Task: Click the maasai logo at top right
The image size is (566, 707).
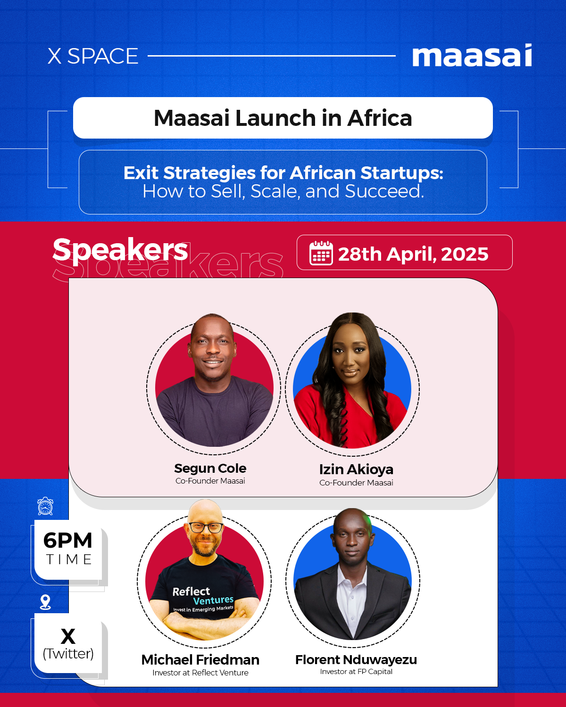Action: click(x=472, y=56)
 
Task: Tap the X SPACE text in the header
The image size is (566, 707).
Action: click(x=93, y=56)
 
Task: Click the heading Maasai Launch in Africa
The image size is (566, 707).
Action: click(x=283, y=118)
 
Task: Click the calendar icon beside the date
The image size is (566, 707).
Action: click(x=321, y=254)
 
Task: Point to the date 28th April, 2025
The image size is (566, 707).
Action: click(x=413, y=254)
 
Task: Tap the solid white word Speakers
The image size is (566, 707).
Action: click(x=120, y=249)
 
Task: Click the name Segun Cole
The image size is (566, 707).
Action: click(x=210, y=468)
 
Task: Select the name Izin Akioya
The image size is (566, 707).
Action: click(x=356, y=469)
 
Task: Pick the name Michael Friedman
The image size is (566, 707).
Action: click(x=200, y=659)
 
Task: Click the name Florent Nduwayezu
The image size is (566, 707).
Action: click(x=356, y=659)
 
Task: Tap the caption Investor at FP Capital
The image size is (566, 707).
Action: click(x=356, y=672)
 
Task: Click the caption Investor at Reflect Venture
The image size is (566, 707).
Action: click(x=200, y=673)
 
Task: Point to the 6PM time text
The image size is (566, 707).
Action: click(x=68, y=541)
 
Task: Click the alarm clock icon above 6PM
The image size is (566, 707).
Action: click(x=45, y=506)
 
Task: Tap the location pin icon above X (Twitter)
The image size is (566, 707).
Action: click(x=45, y=602)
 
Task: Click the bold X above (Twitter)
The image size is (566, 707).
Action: click(x=68, y=636)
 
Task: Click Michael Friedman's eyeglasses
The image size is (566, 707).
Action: click(x=206, y=527)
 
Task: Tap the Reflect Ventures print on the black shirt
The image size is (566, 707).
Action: click(x=203, y=596)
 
